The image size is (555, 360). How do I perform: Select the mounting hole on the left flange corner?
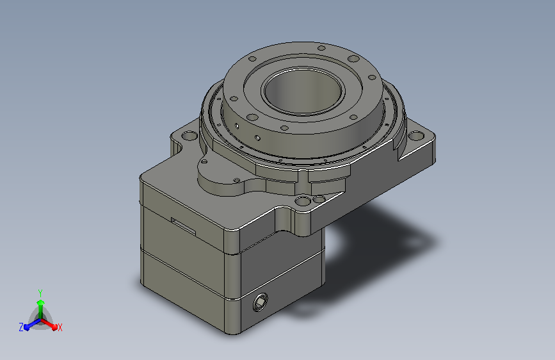189,136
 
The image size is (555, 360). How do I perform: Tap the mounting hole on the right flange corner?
416,135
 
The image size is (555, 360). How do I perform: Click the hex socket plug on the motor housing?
260,302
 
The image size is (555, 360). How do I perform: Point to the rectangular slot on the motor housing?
184,226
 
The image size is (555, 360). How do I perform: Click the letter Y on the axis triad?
40,293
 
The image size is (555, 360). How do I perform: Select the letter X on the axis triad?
60,328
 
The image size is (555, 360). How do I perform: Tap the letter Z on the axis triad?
21,327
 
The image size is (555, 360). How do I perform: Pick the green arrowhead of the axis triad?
41,302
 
